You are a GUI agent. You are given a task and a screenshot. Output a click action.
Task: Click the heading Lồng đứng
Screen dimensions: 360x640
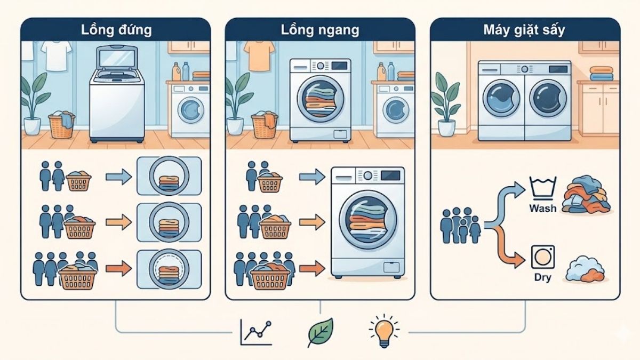coord(115,29)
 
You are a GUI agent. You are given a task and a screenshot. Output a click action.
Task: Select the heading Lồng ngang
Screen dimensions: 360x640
coord(319,29)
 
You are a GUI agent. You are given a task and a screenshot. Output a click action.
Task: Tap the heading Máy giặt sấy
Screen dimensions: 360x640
coord(524,29)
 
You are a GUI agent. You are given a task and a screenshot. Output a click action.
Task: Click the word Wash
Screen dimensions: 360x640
coord(542,207)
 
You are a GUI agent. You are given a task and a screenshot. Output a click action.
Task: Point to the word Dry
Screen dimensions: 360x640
coord(542,277)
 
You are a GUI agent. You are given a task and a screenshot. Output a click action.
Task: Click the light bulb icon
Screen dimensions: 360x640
coord(384,331)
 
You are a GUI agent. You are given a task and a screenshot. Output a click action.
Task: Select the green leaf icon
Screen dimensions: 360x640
coord(320,332)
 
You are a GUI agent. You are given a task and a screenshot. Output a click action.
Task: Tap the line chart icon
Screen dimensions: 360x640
coord(256,332)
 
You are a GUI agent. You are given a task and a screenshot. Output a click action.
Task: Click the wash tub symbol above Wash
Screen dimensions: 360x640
coord(543,188)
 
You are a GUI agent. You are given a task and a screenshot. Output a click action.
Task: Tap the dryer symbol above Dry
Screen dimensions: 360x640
coord(543,257)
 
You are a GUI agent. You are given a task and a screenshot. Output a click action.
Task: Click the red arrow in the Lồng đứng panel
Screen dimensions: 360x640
coord(118,268)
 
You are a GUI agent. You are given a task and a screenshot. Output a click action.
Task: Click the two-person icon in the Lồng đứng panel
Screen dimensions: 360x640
coord(52,177)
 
